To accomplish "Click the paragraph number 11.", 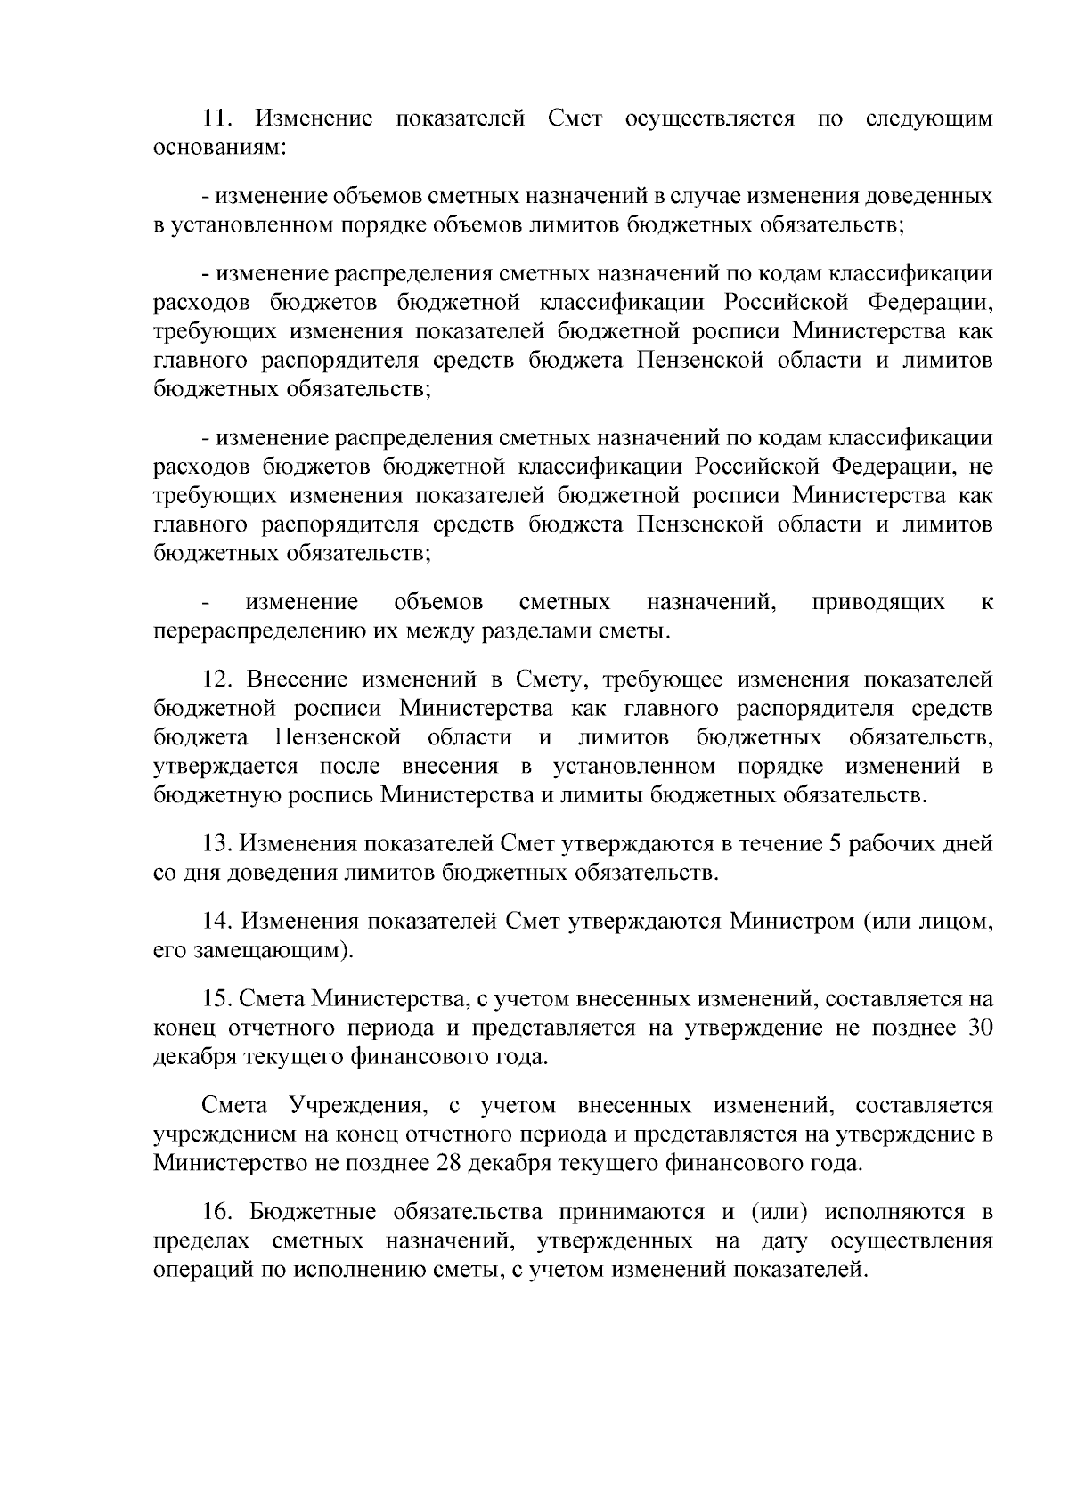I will pyautogui.click(x=216, y=118).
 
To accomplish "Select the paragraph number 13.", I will pyautogui.click(x=216, y=844).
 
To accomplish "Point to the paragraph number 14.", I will pyautogui.click(x=216, y=922).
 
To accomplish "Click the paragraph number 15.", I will pyautogui.click(x=216, y=1000).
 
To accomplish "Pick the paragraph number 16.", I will pyautogui.click(x=216, y=1212).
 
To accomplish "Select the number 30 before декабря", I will pyautogui.click(x=979, y=1028).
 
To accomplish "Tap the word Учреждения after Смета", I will pyautogui.click(x=356, y=1106).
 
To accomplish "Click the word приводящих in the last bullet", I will pyautogui.click(x=877, y=603).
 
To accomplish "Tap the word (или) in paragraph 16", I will pyautogui.click(x=778, y=1212).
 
